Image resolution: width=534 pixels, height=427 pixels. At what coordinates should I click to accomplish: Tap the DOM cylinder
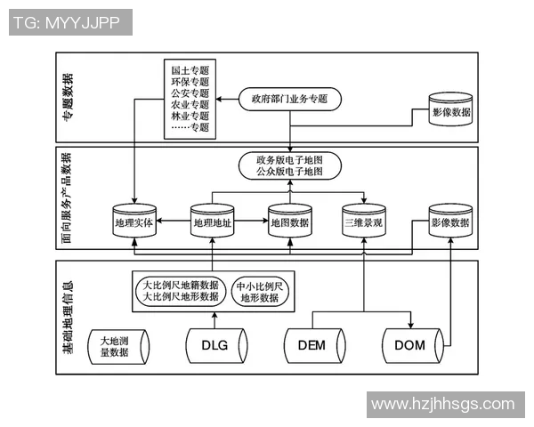click(x=410, y=345)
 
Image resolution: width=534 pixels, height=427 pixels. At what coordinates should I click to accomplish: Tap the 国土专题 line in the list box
click(x=190, y=69)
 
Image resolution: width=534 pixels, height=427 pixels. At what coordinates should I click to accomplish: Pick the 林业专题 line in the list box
click(x=190, y=116)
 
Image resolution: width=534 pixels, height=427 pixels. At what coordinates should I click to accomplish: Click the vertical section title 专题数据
click(x=68, y=97)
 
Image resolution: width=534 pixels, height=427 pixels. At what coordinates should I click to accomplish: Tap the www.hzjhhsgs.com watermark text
click(x=443, y=404)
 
